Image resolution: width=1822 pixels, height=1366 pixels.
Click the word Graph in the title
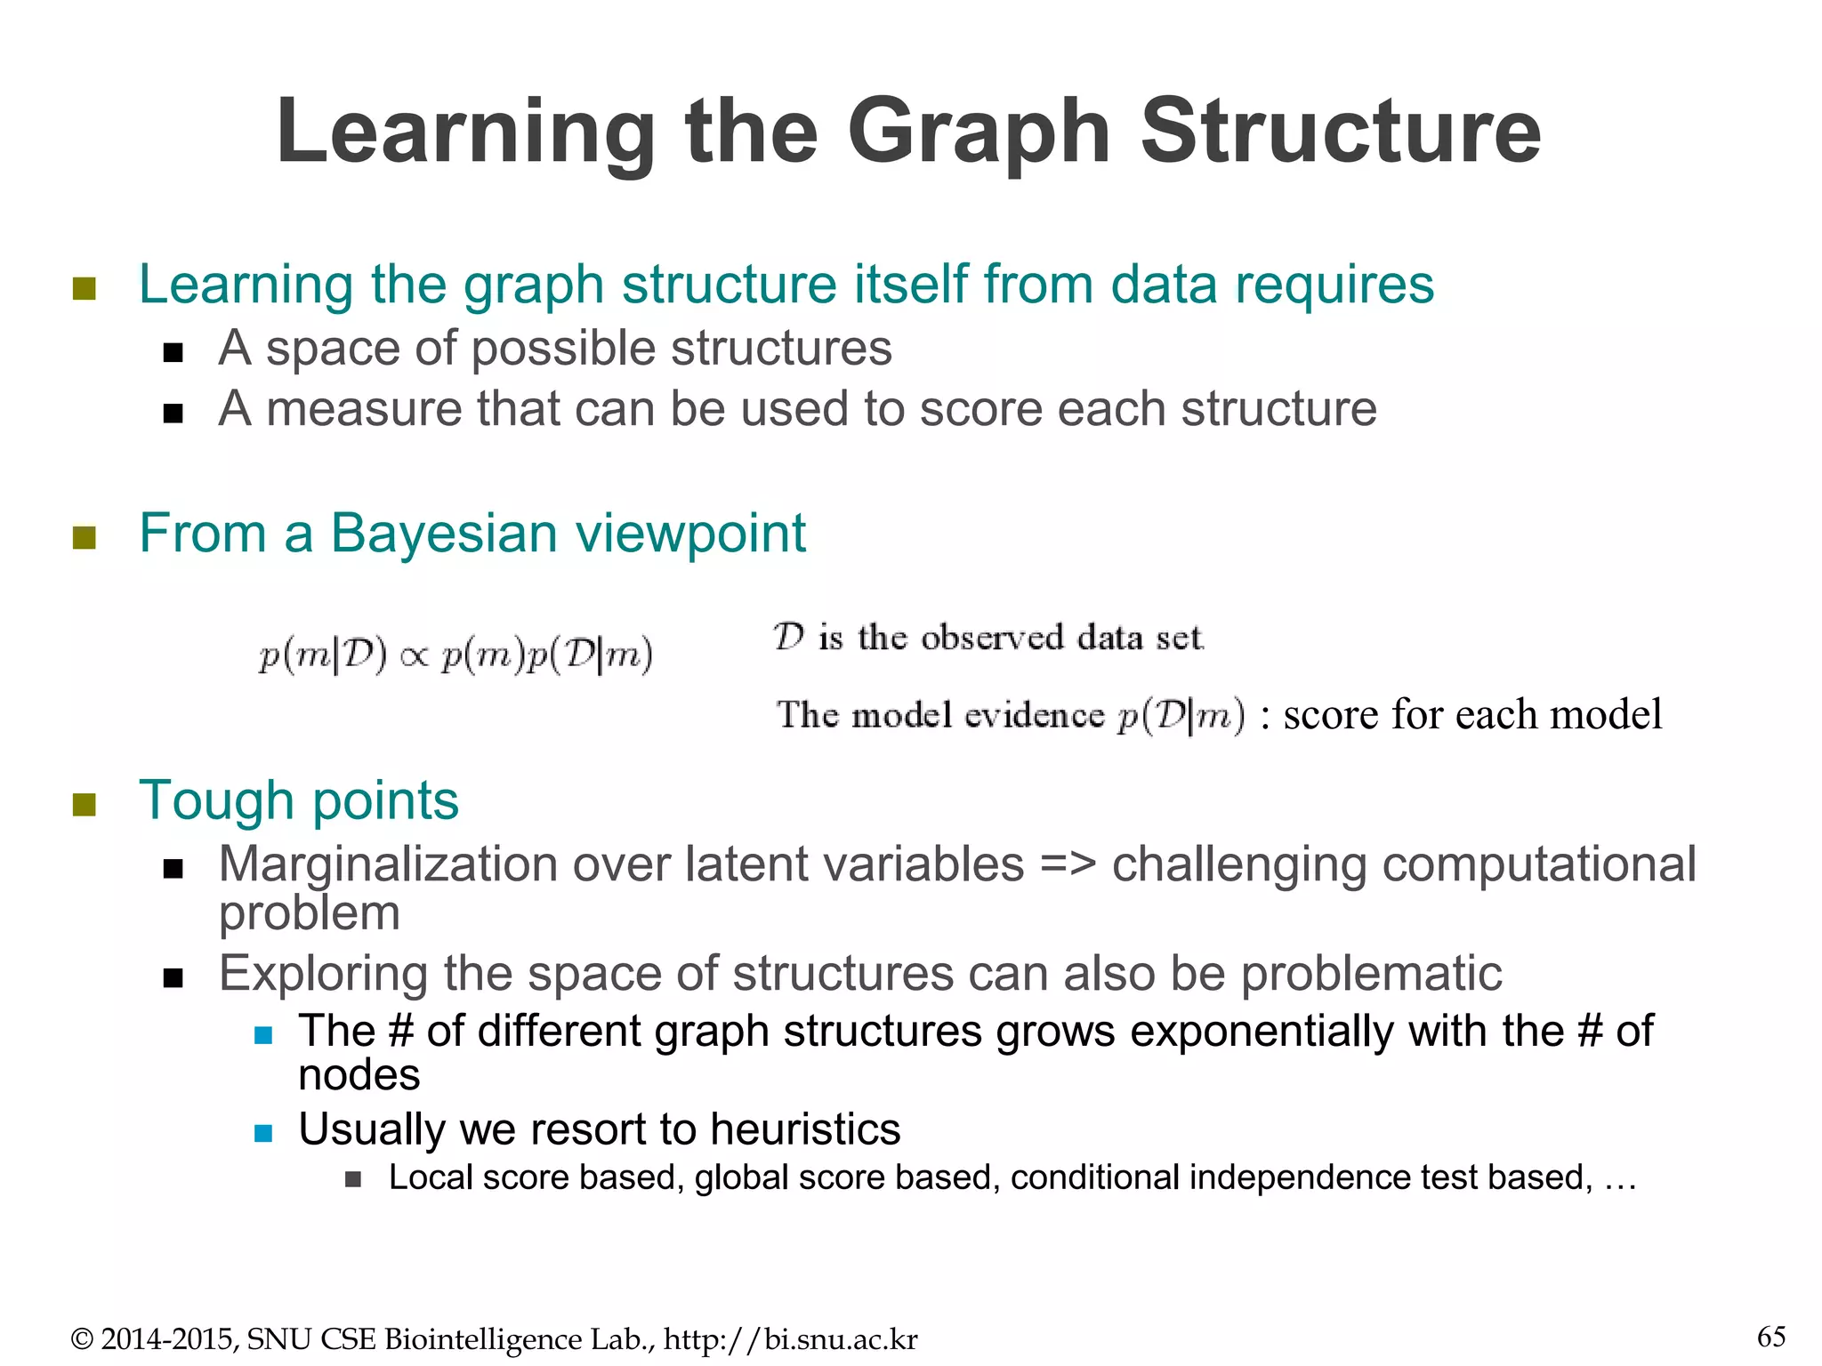[979, 133]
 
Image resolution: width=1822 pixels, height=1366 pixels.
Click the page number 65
[1770, 1337]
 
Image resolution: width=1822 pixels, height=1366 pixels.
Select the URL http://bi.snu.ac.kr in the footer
[790, 1338]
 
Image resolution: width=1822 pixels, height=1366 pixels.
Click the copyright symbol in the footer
[82, 1339]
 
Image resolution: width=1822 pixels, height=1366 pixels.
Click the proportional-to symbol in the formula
[415, 657]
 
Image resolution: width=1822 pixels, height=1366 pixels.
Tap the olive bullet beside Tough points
[85, 804]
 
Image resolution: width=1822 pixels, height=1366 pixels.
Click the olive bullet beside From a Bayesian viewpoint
[85, 537]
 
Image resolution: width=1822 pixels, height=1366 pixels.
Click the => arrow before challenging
[1067, 864]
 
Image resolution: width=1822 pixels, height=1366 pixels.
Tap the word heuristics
[805, 1129]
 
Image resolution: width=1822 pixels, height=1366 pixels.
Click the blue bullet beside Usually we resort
[262, 1132]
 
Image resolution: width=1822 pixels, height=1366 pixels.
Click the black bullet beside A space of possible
[173, 352]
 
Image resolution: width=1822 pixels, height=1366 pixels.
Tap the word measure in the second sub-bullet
[363, 409]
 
